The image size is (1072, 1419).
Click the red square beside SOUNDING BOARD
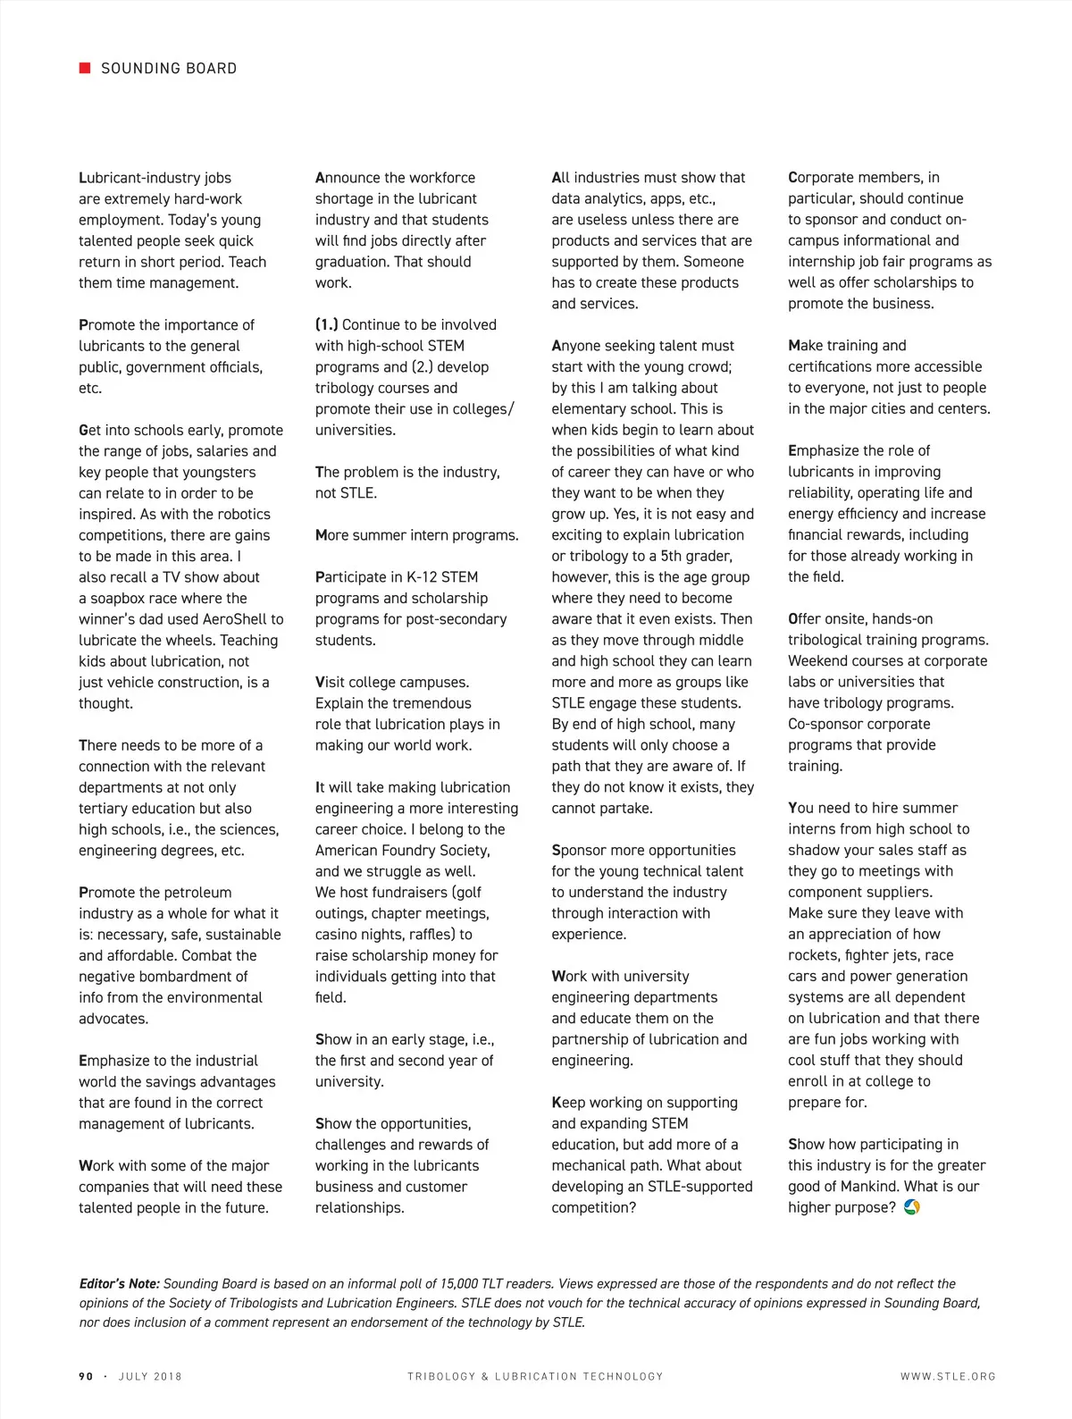[x=85, y=68]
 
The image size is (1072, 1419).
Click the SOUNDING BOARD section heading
[x=169, y=68]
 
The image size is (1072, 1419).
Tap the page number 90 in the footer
[x=86, y=1376]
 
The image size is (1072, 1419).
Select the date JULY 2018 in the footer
[x=150, y=1376]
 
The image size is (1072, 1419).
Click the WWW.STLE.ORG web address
[x=948, y=1376]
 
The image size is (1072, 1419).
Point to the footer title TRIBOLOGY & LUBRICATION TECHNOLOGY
[x=535, y=1376]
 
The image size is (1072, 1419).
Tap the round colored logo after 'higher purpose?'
[x=912, y=1207]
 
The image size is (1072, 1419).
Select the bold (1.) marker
[x=326, y=324]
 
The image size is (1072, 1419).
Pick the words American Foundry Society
[x=402, y=851]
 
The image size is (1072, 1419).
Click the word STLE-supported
[x=688, y=1187]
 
